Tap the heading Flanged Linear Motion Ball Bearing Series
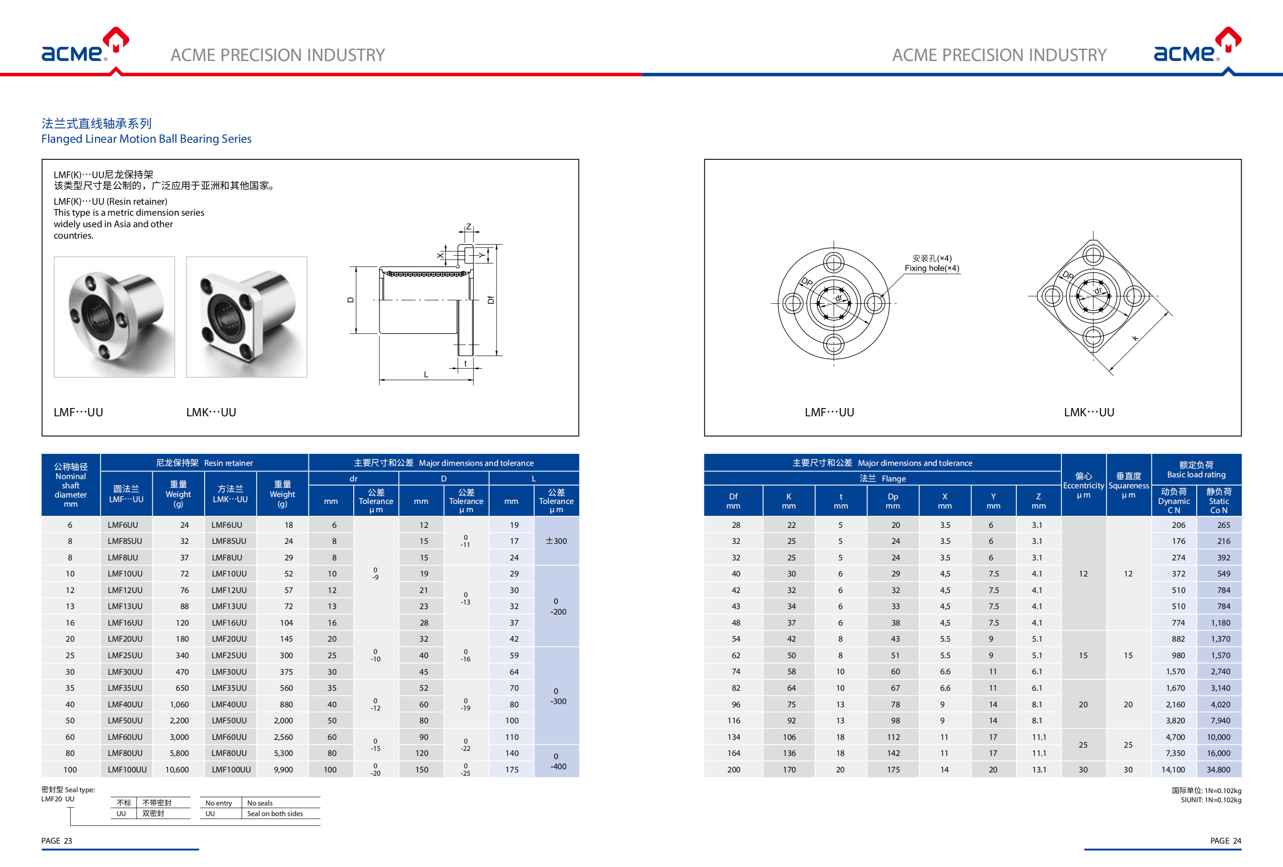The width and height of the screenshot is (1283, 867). pyautogui.click(x=146, y=139)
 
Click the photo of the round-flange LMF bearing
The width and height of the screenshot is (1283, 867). pyautogui.click(x=114, y=317)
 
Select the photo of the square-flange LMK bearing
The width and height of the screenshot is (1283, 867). pyautogui.click(x=246, y=317)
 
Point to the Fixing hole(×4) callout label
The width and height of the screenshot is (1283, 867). pyautogui.click(x=932, y=268)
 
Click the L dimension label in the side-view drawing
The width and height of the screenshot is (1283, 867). pyautogui.click(x=426, y=375)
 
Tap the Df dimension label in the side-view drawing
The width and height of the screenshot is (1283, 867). pyautogui.click(x=490, y=300)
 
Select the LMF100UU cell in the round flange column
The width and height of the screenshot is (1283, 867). pyautogui.click(x=127, y=769)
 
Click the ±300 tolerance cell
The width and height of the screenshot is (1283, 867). pyautogui.click(x=556, y=541)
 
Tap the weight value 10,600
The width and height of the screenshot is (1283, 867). pyautogui.click(x=177, y=769)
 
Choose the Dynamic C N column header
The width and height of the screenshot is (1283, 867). pyautogui.click(x=1173, y=501)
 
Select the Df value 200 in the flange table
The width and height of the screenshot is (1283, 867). pyautogui.click(x=733, y=769)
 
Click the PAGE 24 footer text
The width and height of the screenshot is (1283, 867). pyautogui.click(x=1225, y=840)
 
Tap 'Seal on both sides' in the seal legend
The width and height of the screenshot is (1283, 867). pyautogui.click(x=275, y=813)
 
